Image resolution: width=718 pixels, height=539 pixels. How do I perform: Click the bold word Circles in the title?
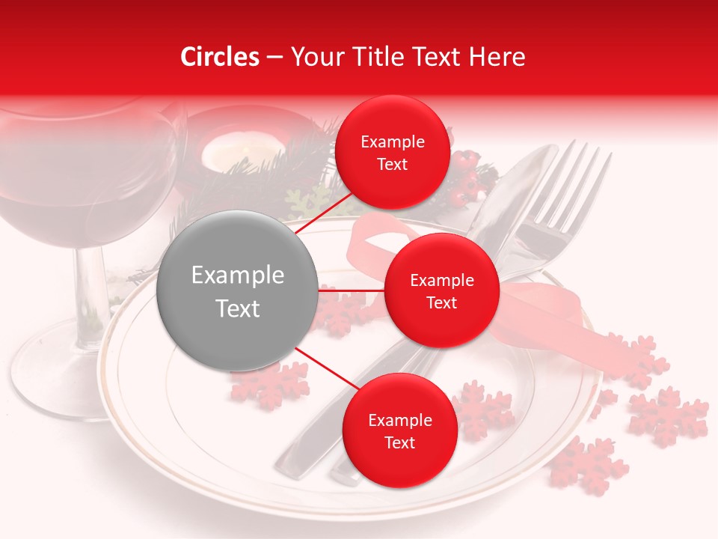(x=219, y=57)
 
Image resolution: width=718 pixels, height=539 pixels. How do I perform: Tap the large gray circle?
(x=237, y=290)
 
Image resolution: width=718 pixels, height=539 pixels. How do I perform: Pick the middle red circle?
(x=441, y=290)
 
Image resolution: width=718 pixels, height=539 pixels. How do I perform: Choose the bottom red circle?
(x=399, y=430)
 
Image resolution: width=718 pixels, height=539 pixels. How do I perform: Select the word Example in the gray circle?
(x=237, y=275)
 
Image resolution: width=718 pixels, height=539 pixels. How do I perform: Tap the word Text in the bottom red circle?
(x=399, y=442)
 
